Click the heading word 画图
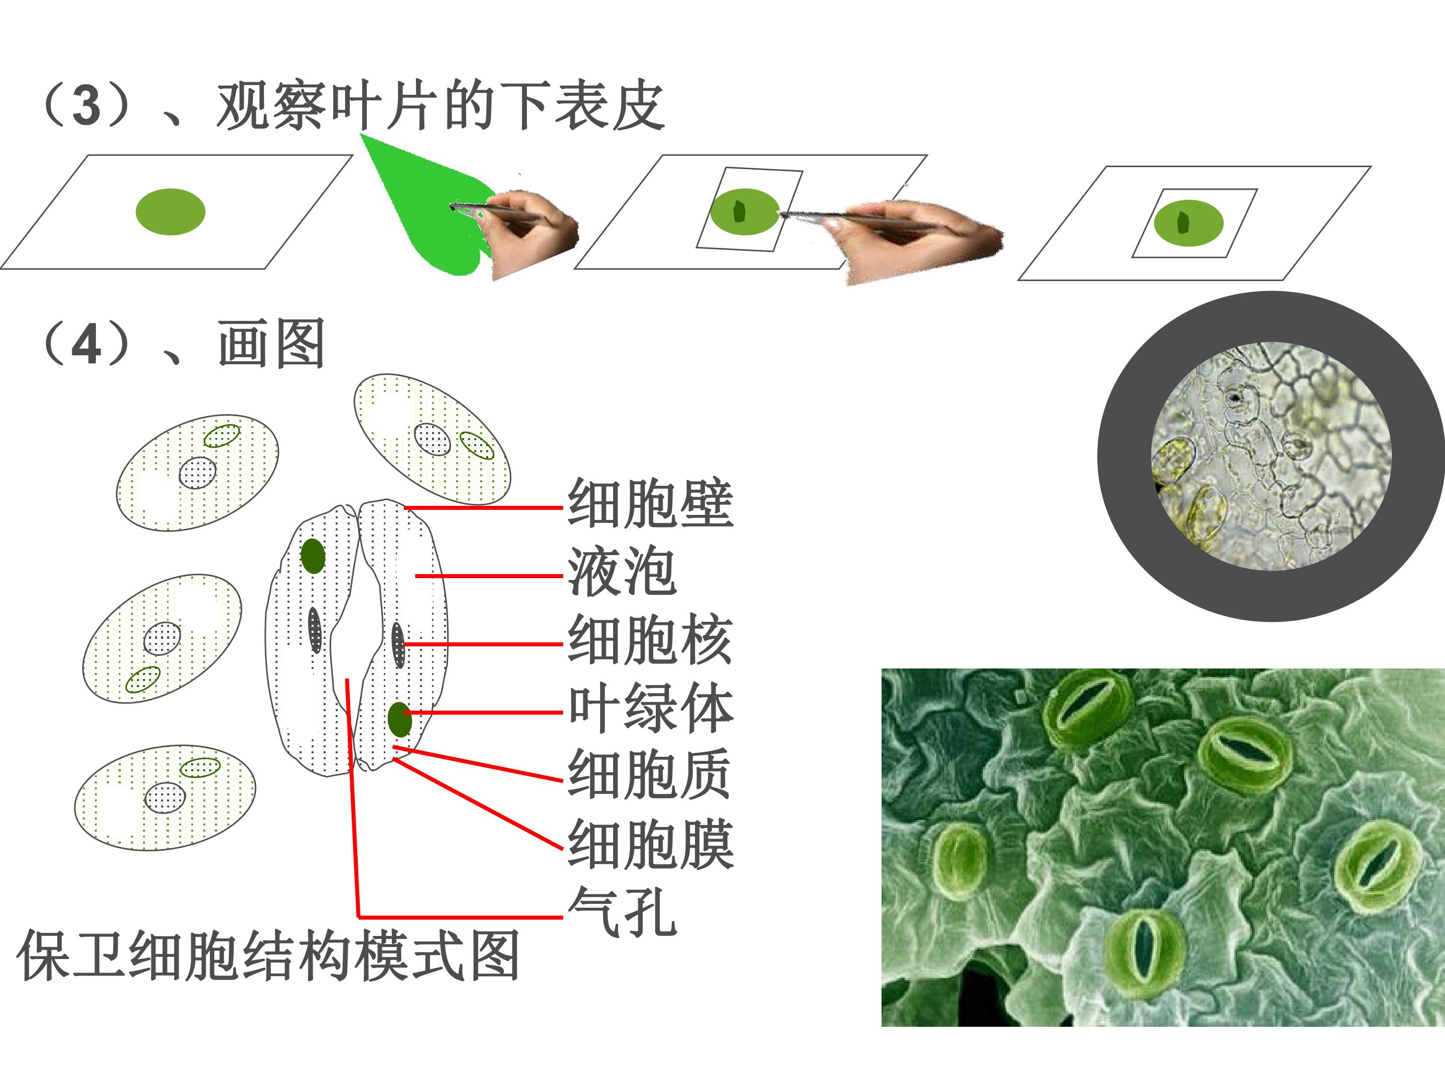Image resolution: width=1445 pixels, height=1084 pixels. [271, 344]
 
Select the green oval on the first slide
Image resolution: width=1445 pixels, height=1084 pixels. [171, 212]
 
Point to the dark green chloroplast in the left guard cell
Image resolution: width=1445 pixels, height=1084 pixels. [313, 556]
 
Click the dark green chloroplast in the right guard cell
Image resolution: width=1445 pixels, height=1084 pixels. [400, 719]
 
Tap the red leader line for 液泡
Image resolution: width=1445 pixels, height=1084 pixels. [489, 576]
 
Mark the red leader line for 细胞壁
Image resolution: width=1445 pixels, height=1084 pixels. [483, 507]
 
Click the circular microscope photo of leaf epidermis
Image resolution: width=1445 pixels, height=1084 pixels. [1271, 456]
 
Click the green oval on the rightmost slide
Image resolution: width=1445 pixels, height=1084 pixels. [1188, 223]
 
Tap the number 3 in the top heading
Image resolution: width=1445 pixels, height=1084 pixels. [86, 106]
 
